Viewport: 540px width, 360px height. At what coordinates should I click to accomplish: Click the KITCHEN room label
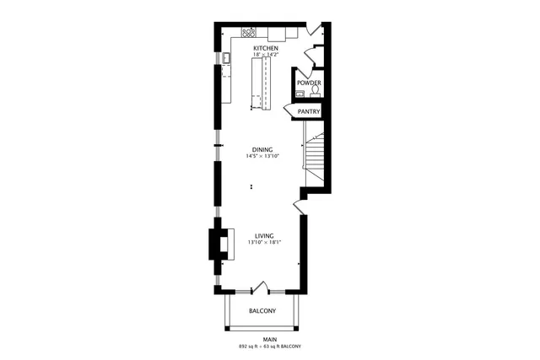(266, 49)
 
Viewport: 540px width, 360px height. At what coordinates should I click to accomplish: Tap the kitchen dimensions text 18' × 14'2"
(266, 56)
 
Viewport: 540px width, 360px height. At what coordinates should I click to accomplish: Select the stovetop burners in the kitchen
(249, 34)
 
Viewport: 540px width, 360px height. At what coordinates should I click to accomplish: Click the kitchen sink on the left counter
(227, 57)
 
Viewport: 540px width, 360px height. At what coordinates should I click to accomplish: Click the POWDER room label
(307, 83)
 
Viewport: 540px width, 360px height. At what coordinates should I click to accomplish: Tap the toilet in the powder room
(314, 92)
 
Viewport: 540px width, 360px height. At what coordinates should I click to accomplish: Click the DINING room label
(262, 150)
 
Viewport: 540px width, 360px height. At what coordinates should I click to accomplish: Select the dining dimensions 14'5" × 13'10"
(262, 157)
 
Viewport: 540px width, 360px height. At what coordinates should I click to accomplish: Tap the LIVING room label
(264, 236)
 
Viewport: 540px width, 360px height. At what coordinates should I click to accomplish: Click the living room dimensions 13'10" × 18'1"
(264, 243)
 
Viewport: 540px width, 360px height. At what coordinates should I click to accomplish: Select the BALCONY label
(262, 311)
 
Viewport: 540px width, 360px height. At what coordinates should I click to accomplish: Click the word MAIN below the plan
(269, 340)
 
